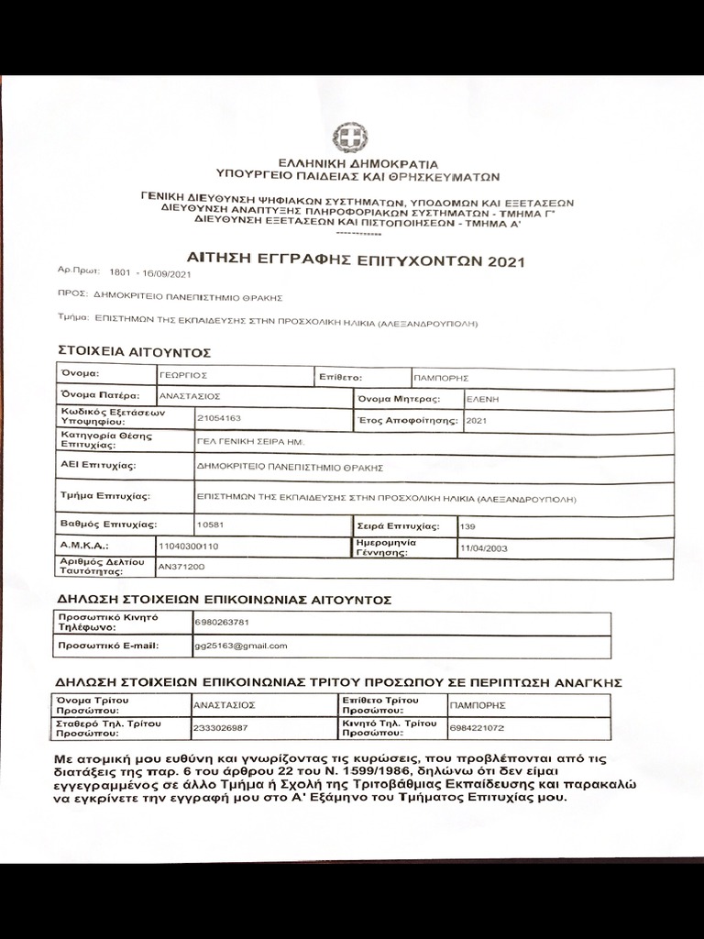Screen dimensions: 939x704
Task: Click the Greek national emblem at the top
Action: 350,140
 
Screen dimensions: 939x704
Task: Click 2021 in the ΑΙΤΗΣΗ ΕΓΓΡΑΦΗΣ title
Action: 507,261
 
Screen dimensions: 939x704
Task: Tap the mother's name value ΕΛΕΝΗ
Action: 482,399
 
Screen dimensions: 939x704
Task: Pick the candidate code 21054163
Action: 219,418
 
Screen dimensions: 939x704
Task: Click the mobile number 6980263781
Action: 221,622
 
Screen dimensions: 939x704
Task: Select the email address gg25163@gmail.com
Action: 241,646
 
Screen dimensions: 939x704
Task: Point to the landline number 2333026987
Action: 221,728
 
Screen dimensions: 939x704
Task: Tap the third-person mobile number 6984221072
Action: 478,728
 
